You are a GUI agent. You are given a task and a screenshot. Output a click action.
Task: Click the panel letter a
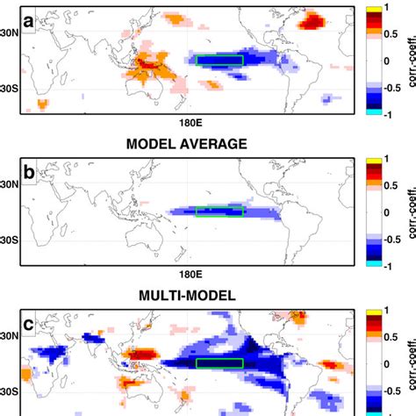(29, 19)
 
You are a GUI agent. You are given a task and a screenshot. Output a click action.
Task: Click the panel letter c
(29, 322)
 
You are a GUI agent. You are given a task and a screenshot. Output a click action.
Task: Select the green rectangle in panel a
(219, 60)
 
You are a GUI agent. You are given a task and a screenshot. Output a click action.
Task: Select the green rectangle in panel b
(219, 211)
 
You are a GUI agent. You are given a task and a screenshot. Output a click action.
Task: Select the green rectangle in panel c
(219, 363)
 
